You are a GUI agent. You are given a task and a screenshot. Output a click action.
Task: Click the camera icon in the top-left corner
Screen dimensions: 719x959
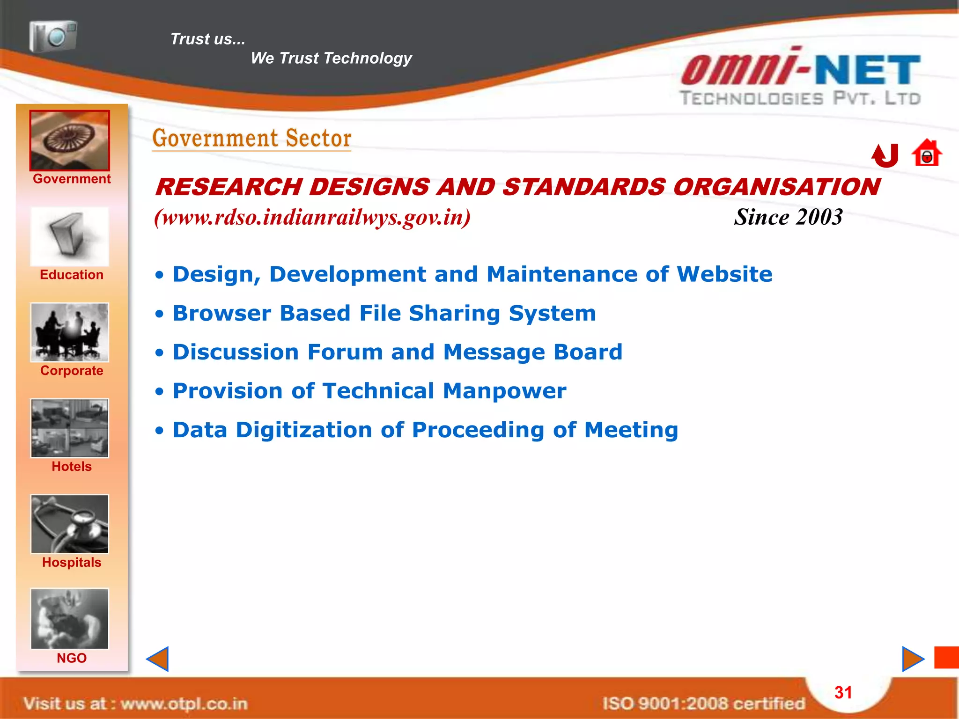(53, 36)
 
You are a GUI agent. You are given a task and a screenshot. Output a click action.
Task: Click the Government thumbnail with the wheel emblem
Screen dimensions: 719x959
(70, 140)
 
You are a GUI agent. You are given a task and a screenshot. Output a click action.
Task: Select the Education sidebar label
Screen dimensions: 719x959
(71, 275)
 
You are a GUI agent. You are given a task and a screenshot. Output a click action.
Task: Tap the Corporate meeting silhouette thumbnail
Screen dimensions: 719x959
(70, 332)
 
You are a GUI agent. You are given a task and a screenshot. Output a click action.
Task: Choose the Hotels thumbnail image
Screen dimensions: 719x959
(70, 428)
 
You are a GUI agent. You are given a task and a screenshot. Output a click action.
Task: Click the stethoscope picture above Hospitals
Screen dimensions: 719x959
(70, 524)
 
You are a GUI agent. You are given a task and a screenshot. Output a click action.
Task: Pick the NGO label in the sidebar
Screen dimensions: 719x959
(71, 658)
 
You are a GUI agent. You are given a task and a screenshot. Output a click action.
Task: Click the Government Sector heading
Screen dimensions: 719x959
(251, 139)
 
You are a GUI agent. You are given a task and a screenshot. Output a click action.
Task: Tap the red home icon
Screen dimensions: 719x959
(926, 154)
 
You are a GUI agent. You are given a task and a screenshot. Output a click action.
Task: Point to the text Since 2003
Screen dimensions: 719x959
(788, 217)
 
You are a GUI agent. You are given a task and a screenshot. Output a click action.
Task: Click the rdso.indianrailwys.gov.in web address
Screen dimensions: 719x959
(312, 217)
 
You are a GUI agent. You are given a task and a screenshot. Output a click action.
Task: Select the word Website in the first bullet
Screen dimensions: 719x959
(724, 274)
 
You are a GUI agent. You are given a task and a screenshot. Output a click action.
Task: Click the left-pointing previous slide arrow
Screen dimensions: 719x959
(158, 659)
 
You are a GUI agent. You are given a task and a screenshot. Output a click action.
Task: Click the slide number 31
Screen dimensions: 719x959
(843, 693)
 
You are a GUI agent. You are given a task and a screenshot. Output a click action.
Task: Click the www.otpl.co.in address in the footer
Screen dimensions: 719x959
(184, 704)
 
